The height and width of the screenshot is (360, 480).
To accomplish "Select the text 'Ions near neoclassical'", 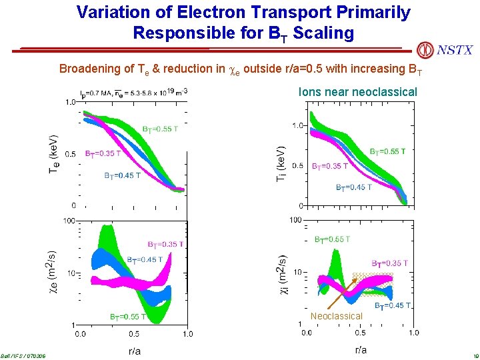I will pos(358,92).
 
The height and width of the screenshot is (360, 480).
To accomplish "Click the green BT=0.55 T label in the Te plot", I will pos(160,129).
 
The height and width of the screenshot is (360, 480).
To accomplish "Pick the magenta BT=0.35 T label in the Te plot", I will pos(103,153).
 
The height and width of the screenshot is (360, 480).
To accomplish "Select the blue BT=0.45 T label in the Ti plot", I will pos(354,187).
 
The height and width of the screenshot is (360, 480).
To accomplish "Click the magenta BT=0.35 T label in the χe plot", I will pos(165,245).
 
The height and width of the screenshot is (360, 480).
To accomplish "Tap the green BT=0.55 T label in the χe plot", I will pos(129,317).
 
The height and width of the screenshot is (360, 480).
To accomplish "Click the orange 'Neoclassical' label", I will pos(337,316).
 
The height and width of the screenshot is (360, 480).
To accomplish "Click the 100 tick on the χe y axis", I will pos(69,220).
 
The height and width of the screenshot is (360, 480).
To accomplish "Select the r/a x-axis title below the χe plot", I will pos(134,350).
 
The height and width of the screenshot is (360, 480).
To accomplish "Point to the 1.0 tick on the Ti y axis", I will pos(297,125).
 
